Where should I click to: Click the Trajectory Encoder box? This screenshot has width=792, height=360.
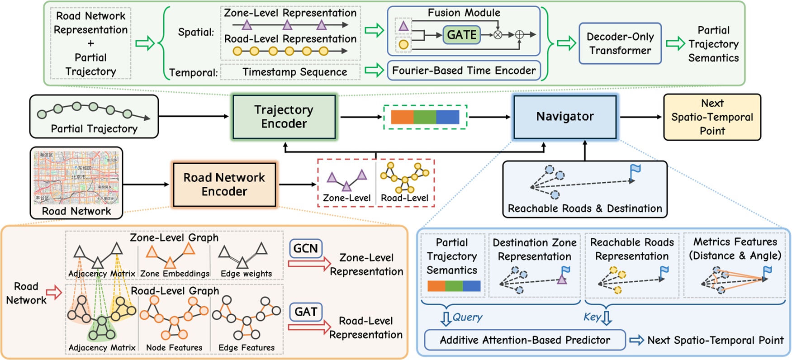tap(284, 117)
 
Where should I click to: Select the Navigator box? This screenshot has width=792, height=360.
tap(564, 117)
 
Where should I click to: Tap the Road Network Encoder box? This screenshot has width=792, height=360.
tap(224, 185)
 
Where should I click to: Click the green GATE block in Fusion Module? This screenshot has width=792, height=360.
tap(461, 35)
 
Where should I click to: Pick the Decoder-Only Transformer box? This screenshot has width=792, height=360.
tap(620, 43)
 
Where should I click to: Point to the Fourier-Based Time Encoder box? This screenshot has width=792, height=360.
tap(464, 71)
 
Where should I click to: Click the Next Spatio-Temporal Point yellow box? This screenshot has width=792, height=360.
tap(711, 117)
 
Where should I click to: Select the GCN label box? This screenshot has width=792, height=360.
tap(305, 248)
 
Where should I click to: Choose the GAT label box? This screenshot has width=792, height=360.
tap(305, 312)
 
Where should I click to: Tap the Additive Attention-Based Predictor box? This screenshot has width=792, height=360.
tap(525, 340)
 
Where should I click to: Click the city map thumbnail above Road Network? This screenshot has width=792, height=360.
tap(76, 178)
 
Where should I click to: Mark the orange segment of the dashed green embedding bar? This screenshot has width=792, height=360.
tap(402, 117)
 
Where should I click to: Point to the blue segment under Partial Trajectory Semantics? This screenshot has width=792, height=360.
tap(471, 286)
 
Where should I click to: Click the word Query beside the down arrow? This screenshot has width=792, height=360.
tap(467, 317)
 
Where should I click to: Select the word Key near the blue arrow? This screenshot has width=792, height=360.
tap(592, 317)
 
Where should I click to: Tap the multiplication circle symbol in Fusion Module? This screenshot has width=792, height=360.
tap(498, 35)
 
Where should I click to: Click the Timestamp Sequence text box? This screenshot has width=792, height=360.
tap(294, 72)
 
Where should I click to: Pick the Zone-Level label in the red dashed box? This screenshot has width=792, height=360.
tap(346, 198)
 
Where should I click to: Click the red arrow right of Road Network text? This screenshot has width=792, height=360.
tap(54, 293)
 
